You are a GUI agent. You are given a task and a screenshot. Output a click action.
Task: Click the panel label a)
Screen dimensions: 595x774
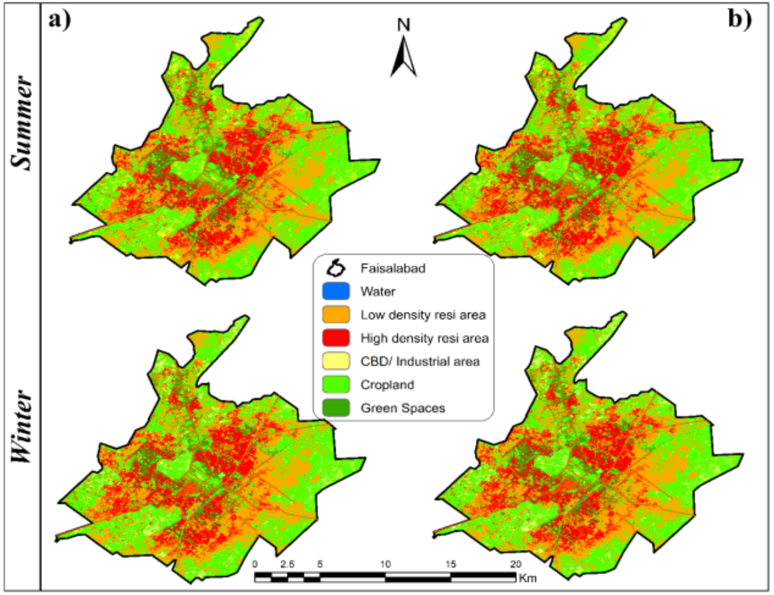[60, 21]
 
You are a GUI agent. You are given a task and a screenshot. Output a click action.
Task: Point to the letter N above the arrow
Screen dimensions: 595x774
[404, 25]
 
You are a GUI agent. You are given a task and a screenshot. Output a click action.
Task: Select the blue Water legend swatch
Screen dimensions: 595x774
[336, 291]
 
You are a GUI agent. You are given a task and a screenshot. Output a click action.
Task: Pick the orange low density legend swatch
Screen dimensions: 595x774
[336, 315]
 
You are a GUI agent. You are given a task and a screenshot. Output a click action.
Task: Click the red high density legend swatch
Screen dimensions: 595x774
[336, 338]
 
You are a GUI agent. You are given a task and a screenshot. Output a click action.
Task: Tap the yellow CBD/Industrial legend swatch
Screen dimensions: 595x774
[336, 361]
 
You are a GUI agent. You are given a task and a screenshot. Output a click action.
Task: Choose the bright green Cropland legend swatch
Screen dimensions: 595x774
[336, 385]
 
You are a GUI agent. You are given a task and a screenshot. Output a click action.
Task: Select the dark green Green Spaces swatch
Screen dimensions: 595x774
[336, 408]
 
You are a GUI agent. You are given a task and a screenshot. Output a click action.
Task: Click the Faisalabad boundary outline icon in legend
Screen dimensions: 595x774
[336, 268]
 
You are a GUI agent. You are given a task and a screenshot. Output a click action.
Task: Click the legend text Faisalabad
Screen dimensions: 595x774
[393, 268]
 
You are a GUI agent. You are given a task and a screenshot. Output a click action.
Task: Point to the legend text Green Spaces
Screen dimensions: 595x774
[403, 408]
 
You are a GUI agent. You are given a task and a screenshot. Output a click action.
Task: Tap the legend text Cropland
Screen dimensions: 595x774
[387, 385]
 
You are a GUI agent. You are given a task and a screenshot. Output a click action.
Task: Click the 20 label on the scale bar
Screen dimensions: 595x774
[515, 564]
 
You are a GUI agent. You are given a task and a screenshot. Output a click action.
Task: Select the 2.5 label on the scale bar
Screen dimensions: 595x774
[287, 564]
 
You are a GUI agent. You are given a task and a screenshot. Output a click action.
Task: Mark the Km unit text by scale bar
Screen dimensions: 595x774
[528, 579]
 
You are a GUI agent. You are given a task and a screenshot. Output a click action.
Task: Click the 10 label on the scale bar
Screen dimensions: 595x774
[386, 564]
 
